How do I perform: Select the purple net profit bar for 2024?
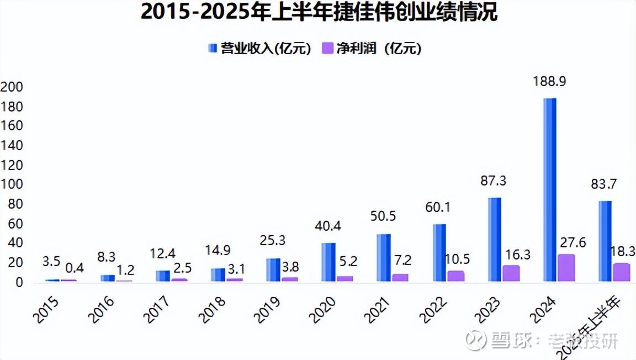tap(566, 268)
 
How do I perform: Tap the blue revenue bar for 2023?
tap(495, 240)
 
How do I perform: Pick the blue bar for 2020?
tap(328, 263)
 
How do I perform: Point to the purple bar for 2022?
tap(456, 276)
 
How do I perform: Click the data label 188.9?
tap(549, 82)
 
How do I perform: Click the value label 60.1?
tap(438, 208)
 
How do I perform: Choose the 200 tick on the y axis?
tap(12, 87)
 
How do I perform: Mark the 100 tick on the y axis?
tap(12, 184)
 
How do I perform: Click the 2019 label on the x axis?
tap(268, 309)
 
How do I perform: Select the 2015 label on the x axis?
tap(47, 309)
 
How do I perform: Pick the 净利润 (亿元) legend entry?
tap(373, 49)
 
